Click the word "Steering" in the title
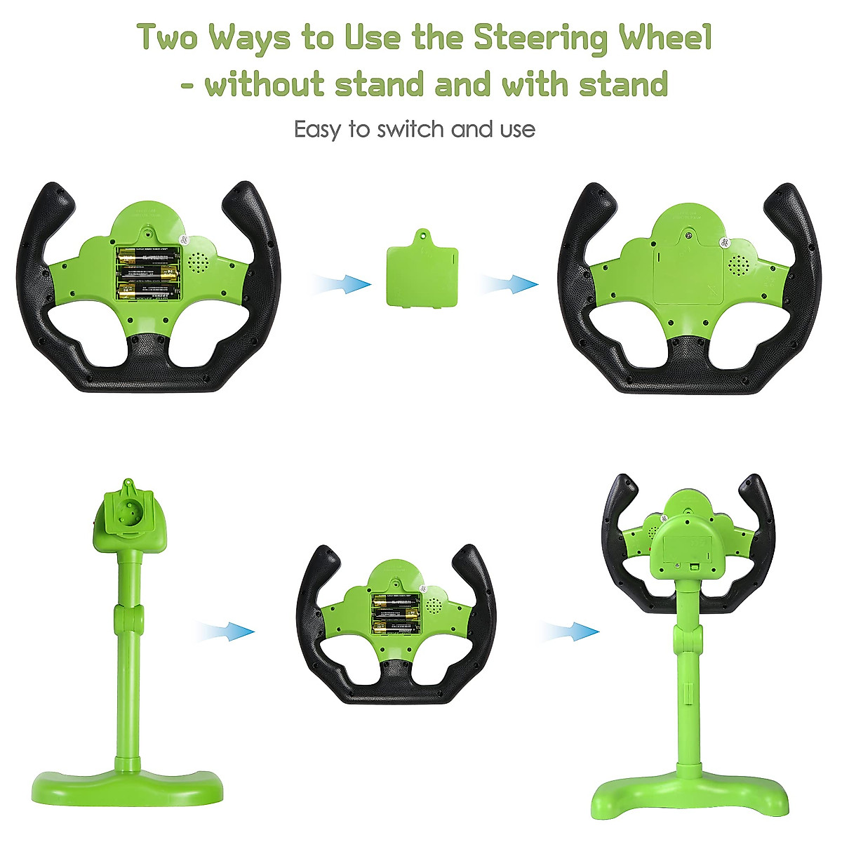(x=539, y=38)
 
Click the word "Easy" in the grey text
(x=318, y=130)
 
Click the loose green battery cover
(x=421, y=270)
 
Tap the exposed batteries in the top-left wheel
(x=148, y=273)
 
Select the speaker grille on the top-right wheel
(x=740, y=265)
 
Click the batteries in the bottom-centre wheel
(x=396, y=613)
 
